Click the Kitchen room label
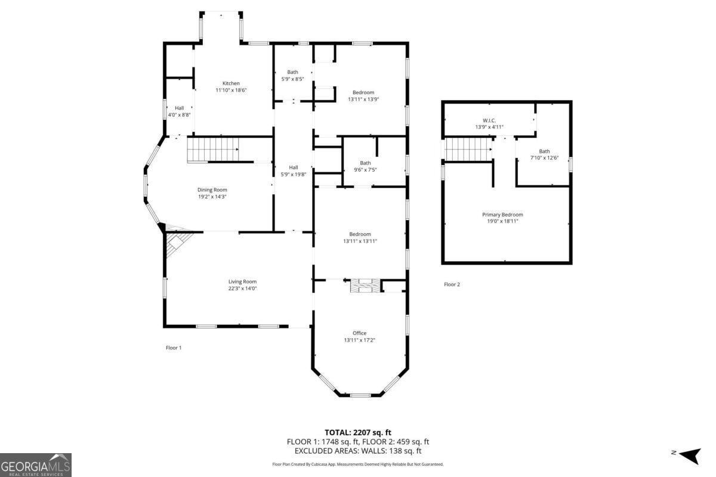click(231, 83)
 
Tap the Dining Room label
click(212, 190)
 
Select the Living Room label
click(242, 281)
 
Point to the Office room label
click(359, 333)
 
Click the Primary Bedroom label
click(502, 215)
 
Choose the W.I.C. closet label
click(489, 120)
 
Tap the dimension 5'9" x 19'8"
click(294, 175)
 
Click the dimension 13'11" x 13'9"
click(363, 100)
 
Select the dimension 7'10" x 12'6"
click(544, 158)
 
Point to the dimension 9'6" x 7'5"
click(365, 170)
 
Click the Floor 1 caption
click(174, 348)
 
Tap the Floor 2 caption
click(452, 284)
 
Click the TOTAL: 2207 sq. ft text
click(357, 432)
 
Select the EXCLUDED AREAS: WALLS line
click(357, 451)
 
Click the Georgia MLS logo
click(35, 465)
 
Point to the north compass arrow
click(690, 456)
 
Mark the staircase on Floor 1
click(212, 150)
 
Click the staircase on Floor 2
click(469, 150)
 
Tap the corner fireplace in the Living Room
click(177, 243)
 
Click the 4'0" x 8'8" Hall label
click(179, 111)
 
